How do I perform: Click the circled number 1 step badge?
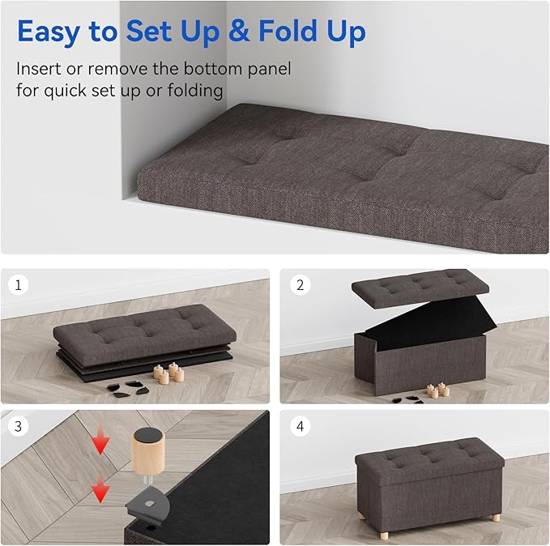(17, 286)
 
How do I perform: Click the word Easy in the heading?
(49, 32)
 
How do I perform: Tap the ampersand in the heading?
(236, 32)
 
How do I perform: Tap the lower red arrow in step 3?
(101, 488)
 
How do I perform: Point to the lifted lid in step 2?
(420, 284)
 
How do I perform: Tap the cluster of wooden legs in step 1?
(168, 373)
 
